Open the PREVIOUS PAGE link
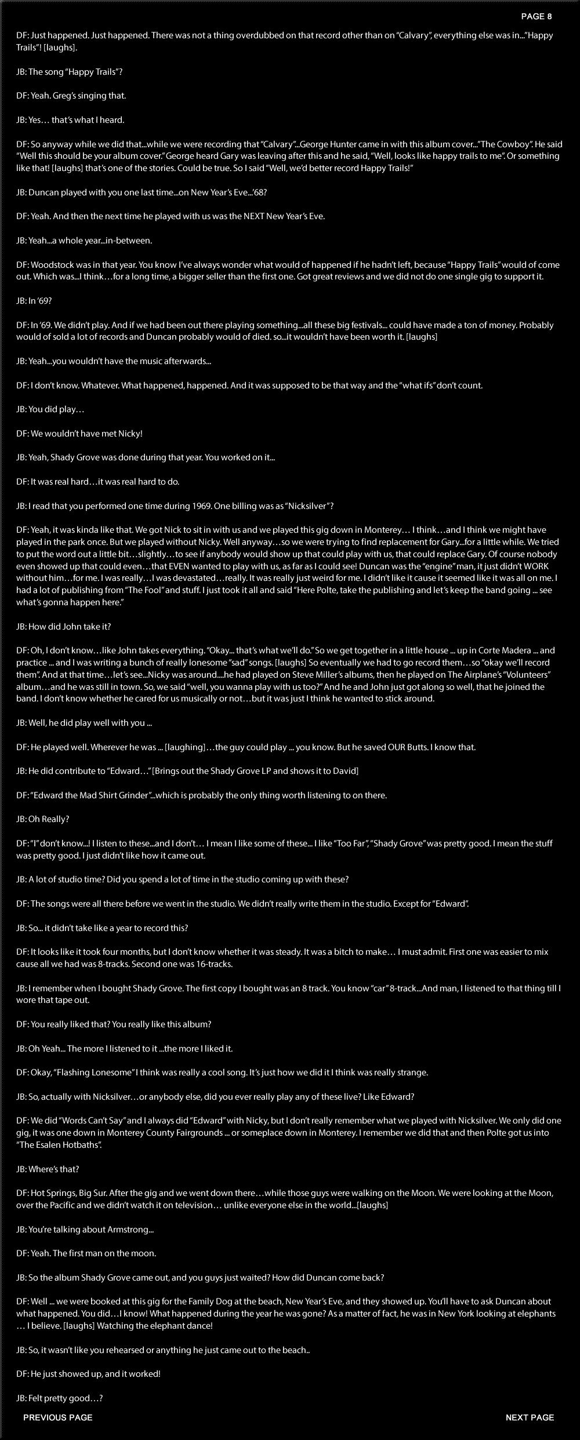(x=58, y=1417)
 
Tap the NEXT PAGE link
(x=530, y=1417)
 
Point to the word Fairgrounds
(x=193, y=1133)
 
